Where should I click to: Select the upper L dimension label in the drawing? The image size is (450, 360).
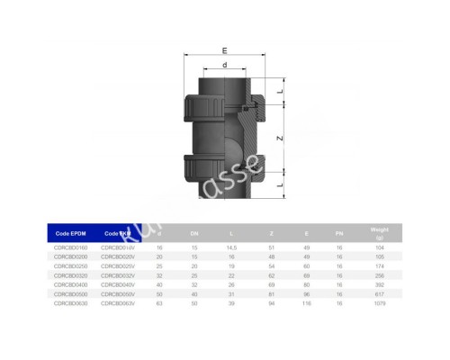tap(283, 93)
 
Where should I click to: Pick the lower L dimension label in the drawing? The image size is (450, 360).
tap(283, 185)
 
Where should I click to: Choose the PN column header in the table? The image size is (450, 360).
tap(339, 231)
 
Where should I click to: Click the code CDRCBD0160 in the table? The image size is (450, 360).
tap(73, 246)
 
